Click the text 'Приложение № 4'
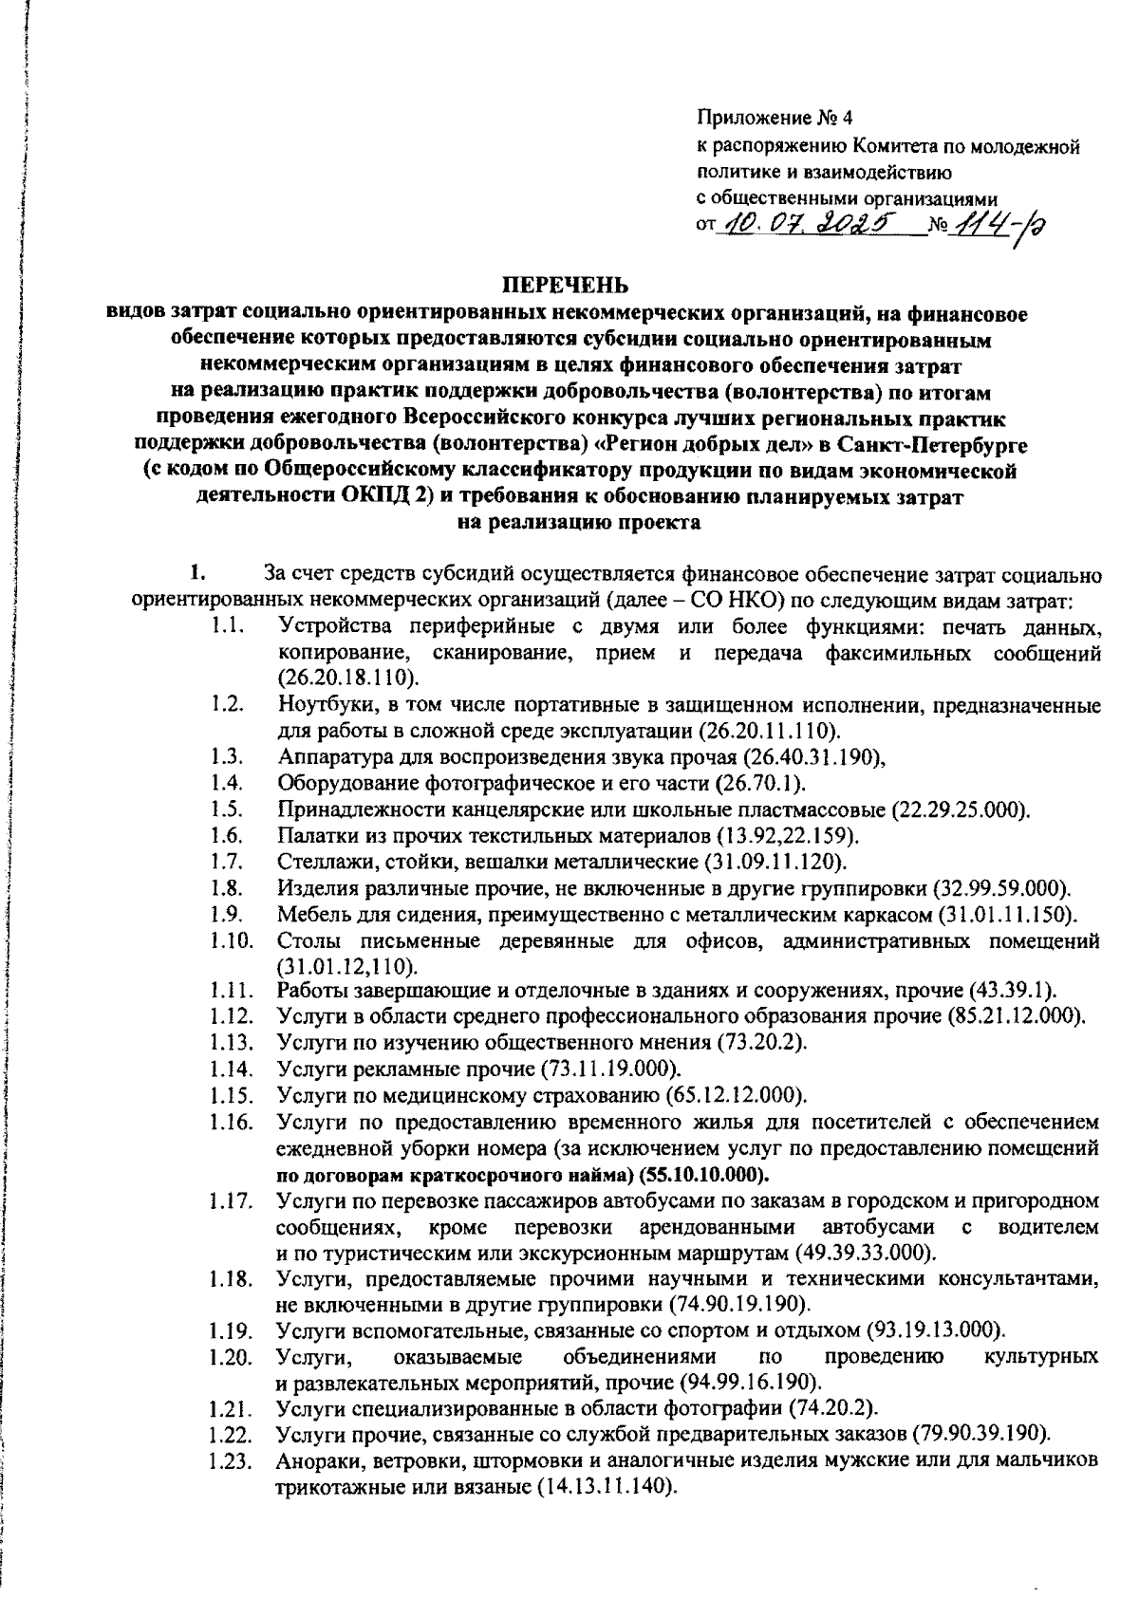pos(776,119)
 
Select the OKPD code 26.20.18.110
pos(347,679)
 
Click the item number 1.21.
pos(232,1406)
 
